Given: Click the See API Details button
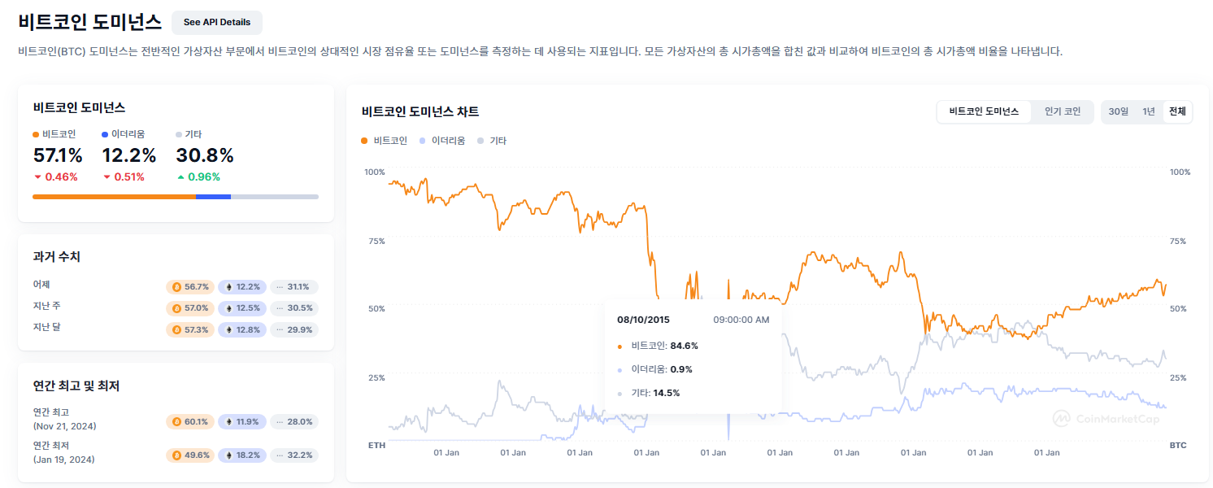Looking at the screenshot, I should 216,22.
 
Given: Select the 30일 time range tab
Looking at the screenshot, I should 1118,111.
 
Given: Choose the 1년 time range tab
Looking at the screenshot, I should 1148,111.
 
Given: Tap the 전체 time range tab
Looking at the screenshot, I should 1177,111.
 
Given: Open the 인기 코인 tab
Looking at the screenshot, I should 1062,111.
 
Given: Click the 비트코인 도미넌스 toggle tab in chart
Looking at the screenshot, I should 984,111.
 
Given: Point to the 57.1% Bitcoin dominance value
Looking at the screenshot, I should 58,155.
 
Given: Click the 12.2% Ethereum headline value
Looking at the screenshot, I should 128,155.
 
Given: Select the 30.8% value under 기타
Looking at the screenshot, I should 205,155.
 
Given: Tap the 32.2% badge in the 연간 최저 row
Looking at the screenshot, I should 293,455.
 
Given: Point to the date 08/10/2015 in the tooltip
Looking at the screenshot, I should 643,320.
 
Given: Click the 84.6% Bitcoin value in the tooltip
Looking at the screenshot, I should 684,346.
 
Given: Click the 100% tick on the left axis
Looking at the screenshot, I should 374,172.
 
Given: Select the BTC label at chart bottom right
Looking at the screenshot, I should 1177,446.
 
